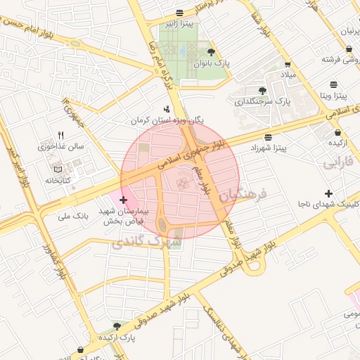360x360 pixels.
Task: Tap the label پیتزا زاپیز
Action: pyautogui.click(x=179, y=25)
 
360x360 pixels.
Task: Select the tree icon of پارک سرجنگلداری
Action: pyautogui.click(x=262, y=90)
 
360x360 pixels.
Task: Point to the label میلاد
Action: pyautogui.click(x=290, y=74)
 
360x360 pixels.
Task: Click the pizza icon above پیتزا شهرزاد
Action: pyautogui.click(x=268, y=137)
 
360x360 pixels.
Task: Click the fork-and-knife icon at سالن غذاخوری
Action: pyautogui.click(x=61, y=136)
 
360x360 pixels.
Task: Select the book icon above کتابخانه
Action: pyautogui.click(x=58, y=169)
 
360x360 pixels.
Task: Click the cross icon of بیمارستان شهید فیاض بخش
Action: pyautogui.click(x=124, y=200)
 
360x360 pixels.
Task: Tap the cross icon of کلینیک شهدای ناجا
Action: pyautogui.click(x=328, y=193)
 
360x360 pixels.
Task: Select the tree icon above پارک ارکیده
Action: pyautogui.click(x=117, y=326)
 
